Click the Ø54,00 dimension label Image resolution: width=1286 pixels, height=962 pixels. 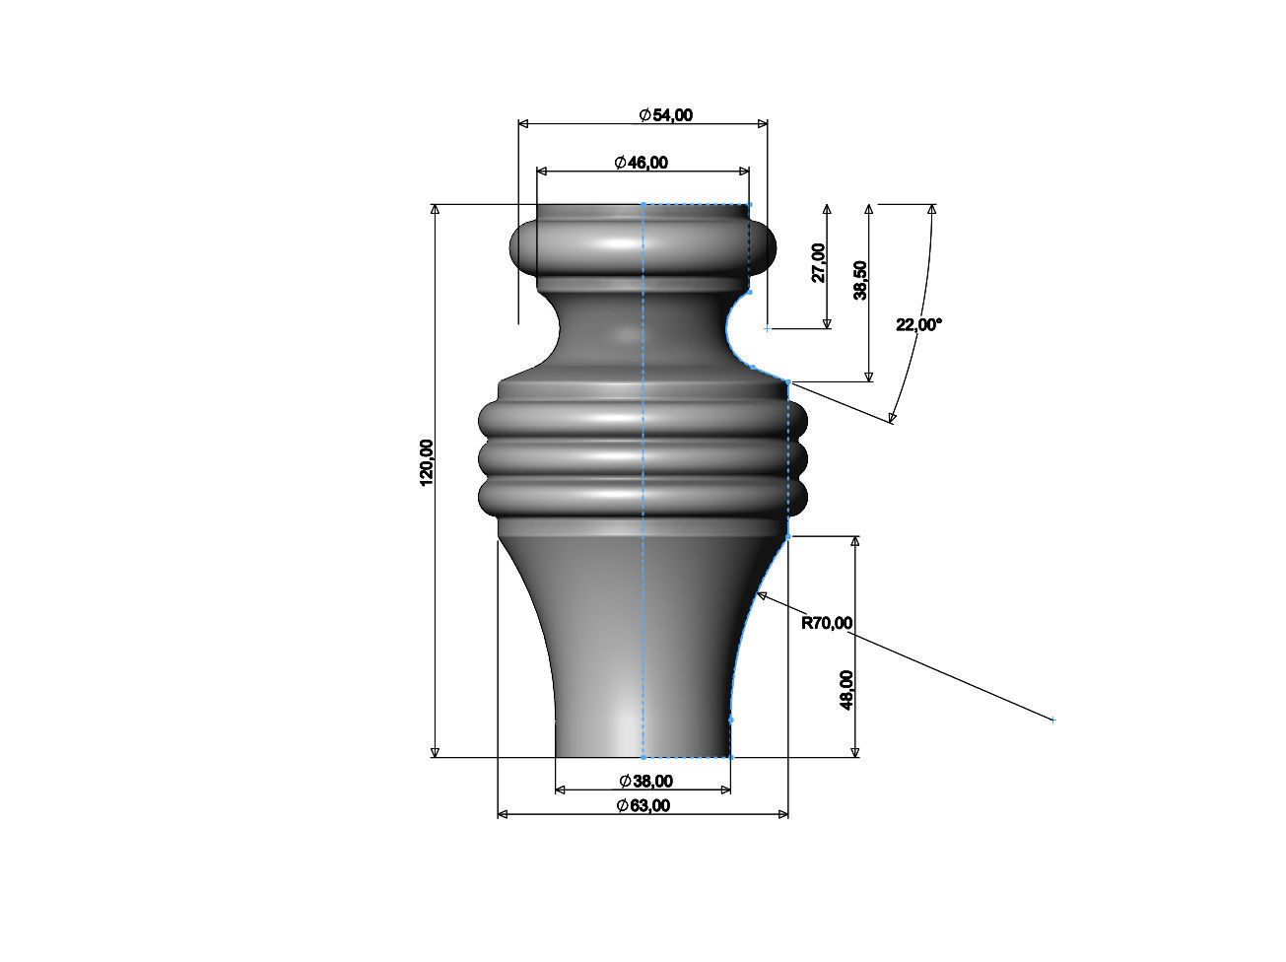click(666, 115)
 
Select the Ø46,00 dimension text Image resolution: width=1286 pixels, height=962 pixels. click(641, 163)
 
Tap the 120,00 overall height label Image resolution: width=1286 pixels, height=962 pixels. click(427, 462)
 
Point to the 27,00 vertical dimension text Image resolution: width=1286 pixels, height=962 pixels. click(819, 262)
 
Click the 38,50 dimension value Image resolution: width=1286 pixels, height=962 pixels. click(861, 281)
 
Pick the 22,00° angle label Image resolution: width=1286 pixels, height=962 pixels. click(918, 324)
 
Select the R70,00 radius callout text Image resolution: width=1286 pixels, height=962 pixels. click(827, 623)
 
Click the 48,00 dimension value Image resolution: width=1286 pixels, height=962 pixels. click(847, 689)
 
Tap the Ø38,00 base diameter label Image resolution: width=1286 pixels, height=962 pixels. click(646, 782)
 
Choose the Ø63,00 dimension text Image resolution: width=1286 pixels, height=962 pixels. click(643, 805)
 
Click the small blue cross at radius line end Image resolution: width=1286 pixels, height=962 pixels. click(1052, 721)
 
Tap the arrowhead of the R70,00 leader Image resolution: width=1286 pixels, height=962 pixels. click(760, 595)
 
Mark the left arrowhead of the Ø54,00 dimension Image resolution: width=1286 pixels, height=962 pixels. click(523, 123)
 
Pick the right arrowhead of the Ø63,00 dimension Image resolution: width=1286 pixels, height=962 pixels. click(783, 814)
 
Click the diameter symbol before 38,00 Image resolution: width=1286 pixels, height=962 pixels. click(626, 782)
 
